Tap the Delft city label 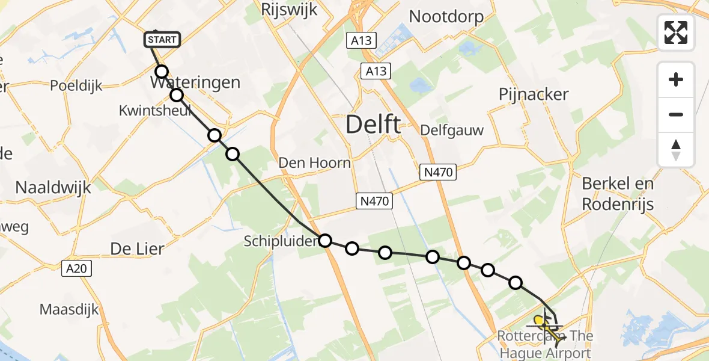374,125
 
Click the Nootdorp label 446,16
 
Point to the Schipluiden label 280,241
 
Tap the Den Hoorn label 314,162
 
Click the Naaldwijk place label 53,187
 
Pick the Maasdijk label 70,310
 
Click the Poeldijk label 76,85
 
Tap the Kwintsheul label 155,111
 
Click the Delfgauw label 452,130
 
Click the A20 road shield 76,268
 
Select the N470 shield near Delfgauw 437,173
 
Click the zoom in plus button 676,79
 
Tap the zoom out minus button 676,114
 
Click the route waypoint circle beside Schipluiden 325,241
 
